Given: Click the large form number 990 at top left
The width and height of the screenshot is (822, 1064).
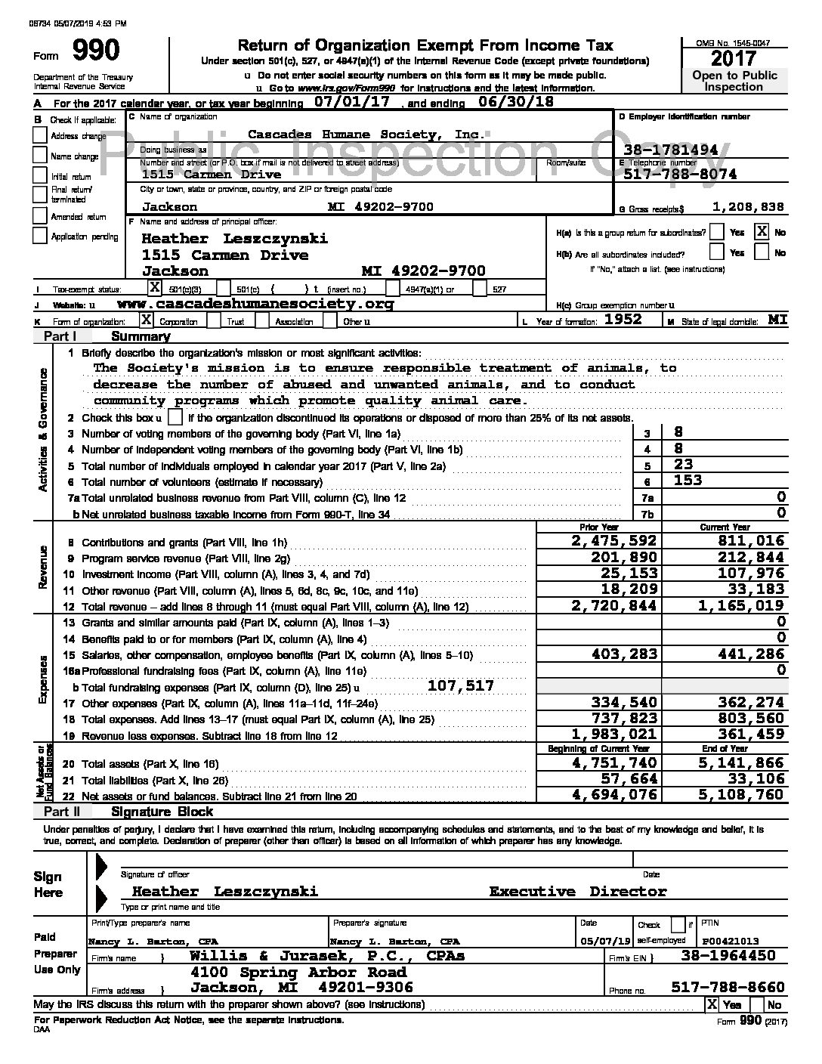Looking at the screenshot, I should (95, 51).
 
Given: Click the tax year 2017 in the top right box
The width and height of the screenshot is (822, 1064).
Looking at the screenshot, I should (734, 58).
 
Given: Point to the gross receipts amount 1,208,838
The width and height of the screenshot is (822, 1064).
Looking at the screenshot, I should (748, 207).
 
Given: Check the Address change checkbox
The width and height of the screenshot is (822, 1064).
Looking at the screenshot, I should (40, 135).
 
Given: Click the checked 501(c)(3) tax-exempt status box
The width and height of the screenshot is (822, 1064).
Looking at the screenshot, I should (154, 287).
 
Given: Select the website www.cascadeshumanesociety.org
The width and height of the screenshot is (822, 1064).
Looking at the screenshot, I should (256, 304).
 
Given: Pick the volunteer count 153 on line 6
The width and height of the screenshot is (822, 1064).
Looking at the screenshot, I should (688, 481).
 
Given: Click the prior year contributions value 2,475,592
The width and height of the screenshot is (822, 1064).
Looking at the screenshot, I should (615, 541).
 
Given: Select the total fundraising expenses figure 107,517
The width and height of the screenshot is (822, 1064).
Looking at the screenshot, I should (460, 685).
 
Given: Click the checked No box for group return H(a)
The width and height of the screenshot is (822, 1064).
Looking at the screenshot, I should (762, 232).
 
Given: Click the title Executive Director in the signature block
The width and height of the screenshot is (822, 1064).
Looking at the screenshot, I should (578, 892).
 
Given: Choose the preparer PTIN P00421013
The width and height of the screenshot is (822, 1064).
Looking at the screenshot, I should (730, 941).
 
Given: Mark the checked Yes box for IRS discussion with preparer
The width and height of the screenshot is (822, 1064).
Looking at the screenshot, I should (712, 1004).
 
